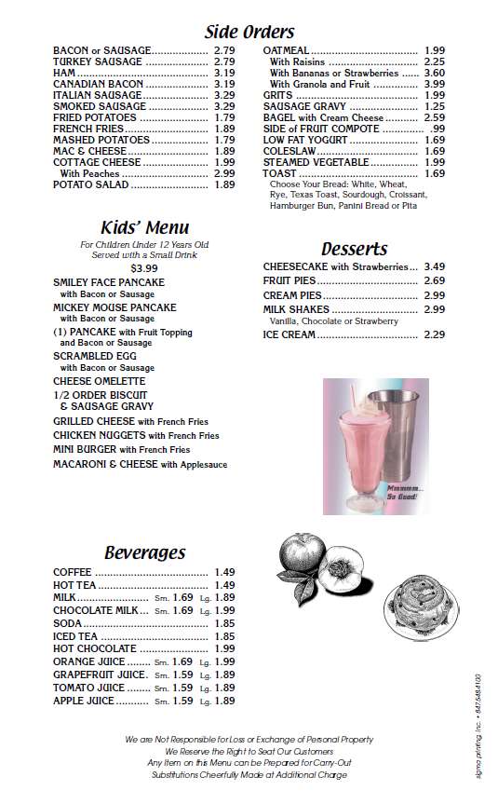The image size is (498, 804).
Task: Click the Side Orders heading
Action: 249,32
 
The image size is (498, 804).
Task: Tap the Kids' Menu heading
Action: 144,227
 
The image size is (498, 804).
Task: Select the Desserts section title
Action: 354,249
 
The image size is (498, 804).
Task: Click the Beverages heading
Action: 144,552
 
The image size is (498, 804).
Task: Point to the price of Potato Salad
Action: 224,185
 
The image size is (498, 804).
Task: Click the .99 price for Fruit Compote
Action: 437,128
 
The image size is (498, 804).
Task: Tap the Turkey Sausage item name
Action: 98,61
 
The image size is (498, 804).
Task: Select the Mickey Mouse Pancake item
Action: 114,307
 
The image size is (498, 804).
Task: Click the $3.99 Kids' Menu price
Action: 144,268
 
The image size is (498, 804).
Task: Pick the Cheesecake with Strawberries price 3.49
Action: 435,266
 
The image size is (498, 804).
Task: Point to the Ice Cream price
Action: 435,334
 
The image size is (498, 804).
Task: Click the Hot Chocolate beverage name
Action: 95,648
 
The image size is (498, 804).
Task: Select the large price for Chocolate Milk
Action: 224,610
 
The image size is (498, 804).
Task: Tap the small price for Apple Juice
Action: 182,701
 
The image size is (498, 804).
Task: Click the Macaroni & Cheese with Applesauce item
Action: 140,464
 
